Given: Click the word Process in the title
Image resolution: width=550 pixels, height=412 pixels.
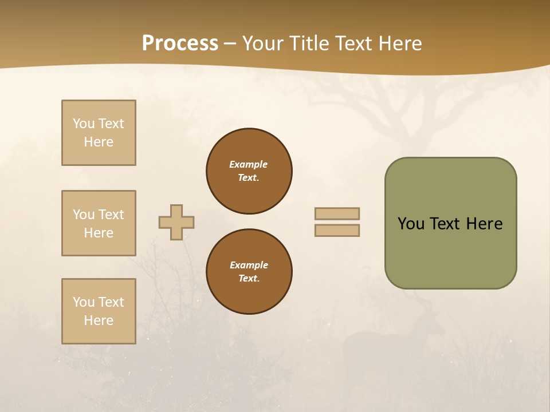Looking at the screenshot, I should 180,43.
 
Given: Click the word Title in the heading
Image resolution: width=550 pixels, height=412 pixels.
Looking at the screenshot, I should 309,43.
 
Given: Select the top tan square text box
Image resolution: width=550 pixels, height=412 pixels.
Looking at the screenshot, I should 99,133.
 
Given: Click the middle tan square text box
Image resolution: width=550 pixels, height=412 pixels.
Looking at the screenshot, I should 99,223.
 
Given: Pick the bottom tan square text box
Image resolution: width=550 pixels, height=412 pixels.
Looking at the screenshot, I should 99,311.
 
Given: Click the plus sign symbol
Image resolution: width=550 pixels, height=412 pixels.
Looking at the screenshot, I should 176,222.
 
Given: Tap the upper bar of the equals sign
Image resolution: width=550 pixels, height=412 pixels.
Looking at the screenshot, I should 337,213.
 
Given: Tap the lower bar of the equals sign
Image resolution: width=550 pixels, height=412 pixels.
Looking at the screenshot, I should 337,230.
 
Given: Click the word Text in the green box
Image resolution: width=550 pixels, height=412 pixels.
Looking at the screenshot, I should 446,224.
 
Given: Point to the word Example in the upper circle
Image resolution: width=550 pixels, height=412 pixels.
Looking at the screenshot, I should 249,164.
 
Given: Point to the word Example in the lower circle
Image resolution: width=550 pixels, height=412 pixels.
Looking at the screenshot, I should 249,265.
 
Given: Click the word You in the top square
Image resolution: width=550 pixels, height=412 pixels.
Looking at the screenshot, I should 83,124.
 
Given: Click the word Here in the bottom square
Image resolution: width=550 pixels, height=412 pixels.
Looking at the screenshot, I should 99,320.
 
